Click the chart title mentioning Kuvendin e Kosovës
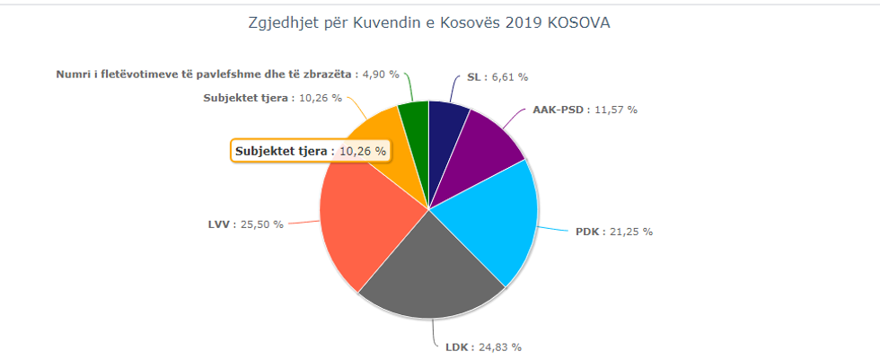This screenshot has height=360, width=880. pyautogui.click(x=429, y=23)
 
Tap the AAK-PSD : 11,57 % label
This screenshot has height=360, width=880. pyautogui.click(x=585, y=110)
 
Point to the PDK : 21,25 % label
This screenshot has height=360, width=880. pyautogui.click(x=613, y=232)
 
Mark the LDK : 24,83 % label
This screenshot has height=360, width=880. pyautogui.click(x=483, y=347)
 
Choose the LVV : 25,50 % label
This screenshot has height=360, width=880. pyautogui.click(x=245, y=224)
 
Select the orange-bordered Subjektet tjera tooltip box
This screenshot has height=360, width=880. pyautogui.click(x=311, y=151)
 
